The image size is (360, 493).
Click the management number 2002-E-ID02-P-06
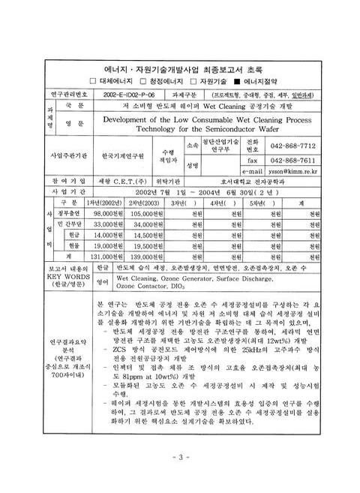click(x=130, y=96)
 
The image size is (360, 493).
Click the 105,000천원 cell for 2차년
click(x=147, y=212)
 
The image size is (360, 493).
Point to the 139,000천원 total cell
click(x=147, y=256)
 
